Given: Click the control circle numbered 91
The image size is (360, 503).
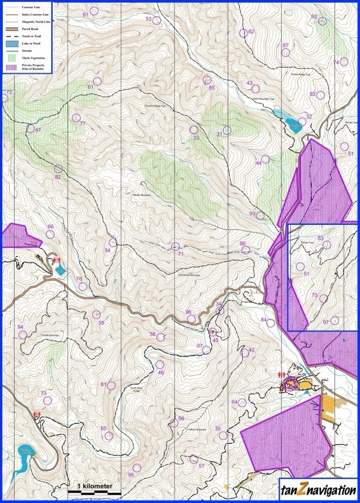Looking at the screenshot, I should pos(94,11).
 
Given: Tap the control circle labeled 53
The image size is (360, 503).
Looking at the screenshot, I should pos(156,20).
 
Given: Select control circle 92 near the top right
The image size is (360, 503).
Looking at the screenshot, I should pos(322,21).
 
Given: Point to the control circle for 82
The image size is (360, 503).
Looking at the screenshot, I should pos(58,169).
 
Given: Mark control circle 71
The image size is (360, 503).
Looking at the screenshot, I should pos(175,247).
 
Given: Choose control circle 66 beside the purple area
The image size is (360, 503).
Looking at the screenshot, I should pos(50,235).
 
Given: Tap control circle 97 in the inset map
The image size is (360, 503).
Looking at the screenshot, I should pos(334,321).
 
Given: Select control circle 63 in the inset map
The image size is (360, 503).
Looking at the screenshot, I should pos(327,244).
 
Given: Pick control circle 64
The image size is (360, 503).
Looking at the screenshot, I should pos(241,403).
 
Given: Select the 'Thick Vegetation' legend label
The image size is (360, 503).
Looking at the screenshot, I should pos(33,57).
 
